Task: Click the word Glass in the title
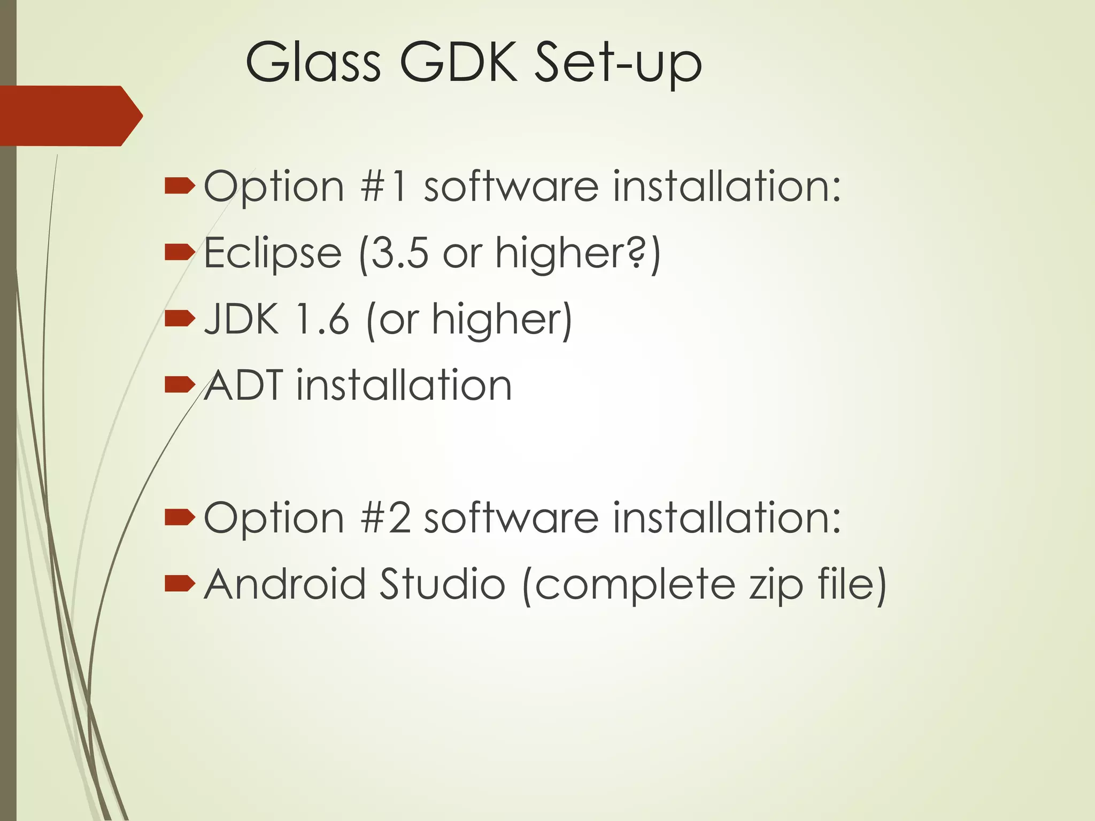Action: pyautogui.click(x=313, y=63)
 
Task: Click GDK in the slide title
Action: pyautogui.click(x=459, y=63)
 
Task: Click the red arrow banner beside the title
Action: pyautogui.click(x=70, y=115)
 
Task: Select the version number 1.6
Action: pyautogui.click(x=322, y=319)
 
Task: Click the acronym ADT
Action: pyautogui.click(x=244, y=385)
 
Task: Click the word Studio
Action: pyautogui.click(x=442, y=584)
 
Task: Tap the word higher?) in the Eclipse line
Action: pyautogui.click(x=578, y=253)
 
